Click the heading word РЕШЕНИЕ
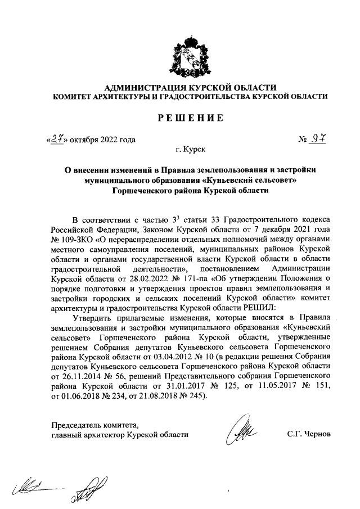click(190, 118)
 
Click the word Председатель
click(77, 424)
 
